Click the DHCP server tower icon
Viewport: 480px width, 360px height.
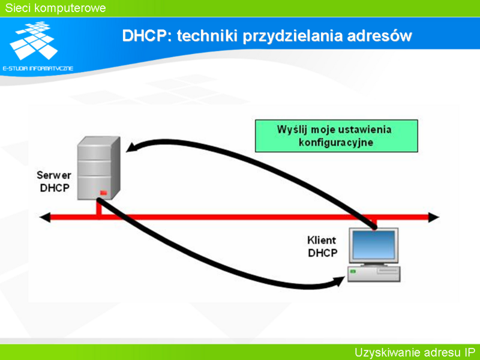(98, 168)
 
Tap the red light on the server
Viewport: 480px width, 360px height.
(103, 193)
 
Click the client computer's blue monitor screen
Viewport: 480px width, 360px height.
(374, 245)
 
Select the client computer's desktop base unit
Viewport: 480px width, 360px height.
(374, 274)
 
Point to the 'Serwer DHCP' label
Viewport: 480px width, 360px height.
(55, 182)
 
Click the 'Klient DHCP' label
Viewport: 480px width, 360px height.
(322, 247)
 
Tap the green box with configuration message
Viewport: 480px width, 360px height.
(337, 136)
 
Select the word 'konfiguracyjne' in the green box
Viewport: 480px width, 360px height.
(336, 142)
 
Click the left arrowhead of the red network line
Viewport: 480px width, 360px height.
(45, 217)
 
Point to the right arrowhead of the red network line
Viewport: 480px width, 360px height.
(433, 217)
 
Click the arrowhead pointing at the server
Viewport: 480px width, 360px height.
(132, 147)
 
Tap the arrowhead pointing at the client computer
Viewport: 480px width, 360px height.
(339, 281)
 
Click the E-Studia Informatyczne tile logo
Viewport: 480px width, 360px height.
(34, 40)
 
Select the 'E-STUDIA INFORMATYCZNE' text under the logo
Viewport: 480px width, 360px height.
(38, 68)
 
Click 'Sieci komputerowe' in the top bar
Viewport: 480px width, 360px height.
(55, 8)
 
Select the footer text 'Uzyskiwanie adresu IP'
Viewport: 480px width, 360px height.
(415, 353)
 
